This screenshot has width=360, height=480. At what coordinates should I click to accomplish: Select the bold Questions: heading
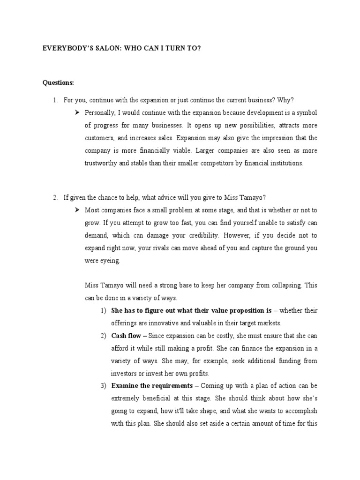[x=58, y=83]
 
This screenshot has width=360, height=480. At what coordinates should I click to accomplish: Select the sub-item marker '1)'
[x=103, y=311]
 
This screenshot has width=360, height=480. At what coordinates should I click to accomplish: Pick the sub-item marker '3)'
[x=103, y=386]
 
